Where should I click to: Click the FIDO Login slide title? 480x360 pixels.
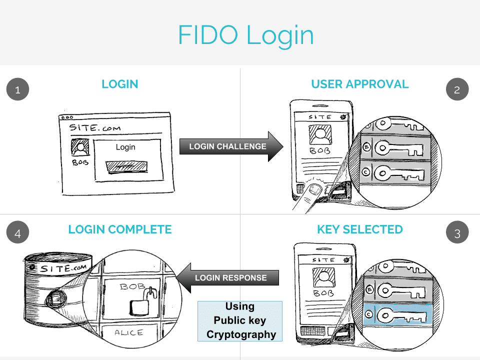245,35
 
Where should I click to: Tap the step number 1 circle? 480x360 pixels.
17,90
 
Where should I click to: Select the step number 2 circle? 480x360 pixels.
457,90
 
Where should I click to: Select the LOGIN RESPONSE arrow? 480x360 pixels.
227,277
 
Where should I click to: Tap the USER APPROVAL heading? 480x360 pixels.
359,84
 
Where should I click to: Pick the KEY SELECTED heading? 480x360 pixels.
359,229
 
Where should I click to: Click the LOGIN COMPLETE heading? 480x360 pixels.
120,229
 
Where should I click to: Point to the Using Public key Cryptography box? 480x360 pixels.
240,321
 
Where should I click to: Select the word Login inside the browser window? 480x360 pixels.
125,147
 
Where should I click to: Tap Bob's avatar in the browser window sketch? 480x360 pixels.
80,148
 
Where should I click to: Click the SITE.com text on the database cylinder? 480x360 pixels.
65,268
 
